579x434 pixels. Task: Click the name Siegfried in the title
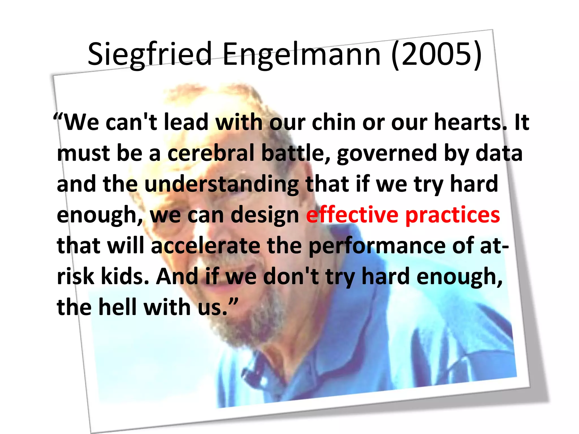[150, 54]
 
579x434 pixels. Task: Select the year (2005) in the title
[437, 54]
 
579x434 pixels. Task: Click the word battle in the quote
[296, 153]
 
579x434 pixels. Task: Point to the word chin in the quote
[334, 122]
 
